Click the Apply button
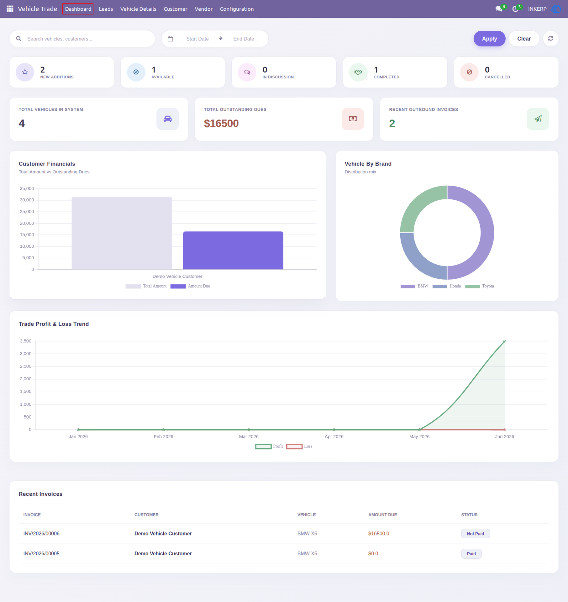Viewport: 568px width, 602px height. (x=489, y=39)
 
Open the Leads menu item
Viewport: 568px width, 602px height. (x=106, y=9)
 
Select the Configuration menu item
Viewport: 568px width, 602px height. (x=237, y=9)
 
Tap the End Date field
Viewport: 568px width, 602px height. (x=244, y=39)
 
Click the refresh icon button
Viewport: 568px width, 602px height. (x=550, y=39)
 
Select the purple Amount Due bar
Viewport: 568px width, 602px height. (x=233, y=250)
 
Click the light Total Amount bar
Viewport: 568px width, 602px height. (x=122, y=233)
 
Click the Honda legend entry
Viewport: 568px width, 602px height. (x=446, y=286)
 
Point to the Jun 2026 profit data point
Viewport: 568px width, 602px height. (x=504, y=341)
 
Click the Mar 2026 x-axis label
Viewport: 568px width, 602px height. (x=249, y=436)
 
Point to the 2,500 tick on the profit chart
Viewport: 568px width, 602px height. (x=25, y=366)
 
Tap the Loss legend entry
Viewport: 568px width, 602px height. (x=299, y=446)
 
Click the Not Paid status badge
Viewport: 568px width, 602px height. (x=475, y=534)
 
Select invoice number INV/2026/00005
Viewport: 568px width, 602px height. (x=41, y=553)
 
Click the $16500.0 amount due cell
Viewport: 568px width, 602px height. (x=379, y=534)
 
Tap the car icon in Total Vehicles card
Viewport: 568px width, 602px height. (x=168, y=119)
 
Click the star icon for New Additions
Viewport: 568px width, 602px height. (x=25, y=72)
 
